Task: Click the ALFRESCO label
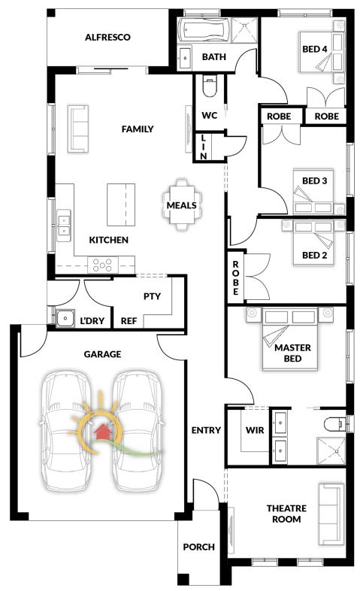pos(107,38)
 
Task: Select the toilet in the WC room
pos(210,86)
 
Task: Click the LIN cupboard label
pos(204,147)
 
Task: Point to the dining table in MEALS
pos(182,205)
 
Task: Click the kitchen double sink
pos(64,226)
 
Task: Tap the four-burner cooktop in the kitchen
pos(103,264)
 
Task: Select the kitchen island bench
pos(121,205)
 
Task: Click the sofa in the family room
pos(78,129)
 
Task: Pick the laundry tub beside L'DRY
pos(65,317)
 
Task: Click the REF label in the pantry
pos(129,321)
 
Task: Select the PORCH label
pos(199,547)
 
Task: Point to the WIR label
pos(255,430)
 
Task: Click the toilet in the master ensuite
pos(334,423)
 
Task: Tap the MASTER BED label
pos(292,353)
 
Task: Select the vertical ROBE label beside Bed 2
pos(236,277)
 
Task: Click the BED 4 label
pos(315,49)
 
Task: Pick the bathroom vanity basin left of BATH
pos(185,58)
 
